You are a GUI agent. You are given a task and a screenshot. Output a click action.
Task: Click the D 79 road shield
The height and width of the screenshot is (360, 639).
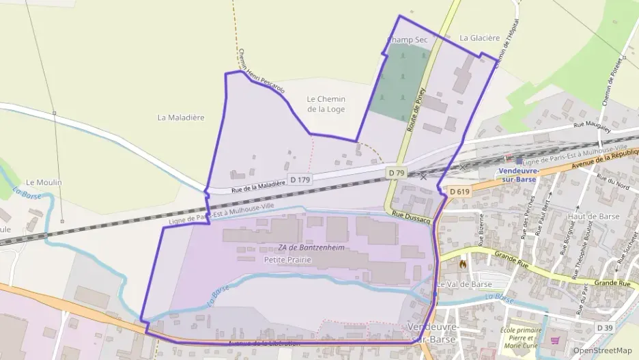pos(397,173)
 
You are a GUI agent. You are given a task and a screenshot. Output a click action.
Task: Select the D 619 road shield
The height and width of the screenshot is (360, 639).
pos(459,191)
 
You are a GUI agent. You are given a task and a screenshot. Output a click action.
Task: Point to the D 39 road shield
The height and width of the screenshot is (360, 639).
pos(604,329)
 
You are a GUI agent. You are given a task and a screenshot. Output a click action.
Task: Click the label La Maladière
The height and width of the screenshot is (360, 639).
pos(181,117)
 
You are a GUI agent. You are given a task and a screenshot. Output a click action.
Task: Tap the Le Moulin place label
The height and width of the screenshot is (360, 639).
pos(44,182)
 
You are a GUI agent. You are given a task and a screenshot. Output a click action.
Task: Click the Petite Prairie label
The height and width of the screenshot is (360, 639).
pos(287,260)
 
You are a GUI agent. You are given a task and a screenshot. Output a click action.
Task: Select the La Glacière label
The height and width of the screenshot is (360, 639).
pos(480,38)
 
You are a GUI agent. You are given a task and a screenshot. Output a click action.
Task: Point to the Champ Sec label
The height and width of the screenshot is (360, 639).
pos(408,40)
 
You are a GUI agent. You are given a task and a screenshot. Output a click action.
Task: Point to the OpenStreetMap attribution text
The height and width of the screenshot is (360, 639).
pos(603,350)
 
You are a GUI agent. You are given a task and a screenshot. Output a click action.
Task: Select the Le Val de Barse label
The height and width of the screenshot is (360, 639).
pos(464,284)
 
